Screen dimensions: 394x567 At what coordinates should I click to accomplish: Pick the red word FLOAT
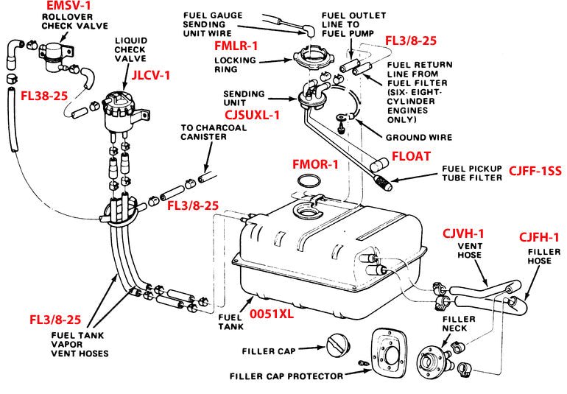[x=413, y=156]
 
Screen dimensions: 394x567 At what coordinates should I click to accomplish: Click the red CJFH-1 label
[x=540, y=237]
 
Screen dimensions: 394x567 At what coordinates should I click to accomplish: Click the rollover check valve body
[x=54, y=52]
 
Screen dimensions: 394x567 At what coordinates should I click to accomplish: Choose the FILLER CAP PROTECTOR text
[x=286, y=376]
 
